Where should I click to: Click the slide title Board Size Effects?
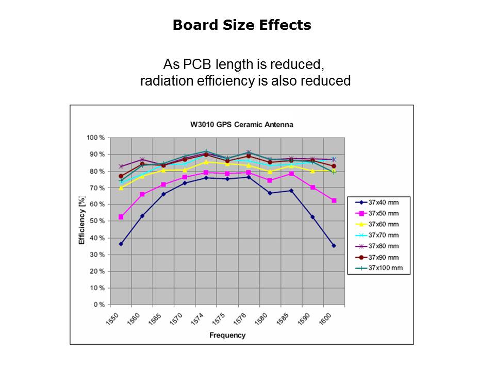[242, 25]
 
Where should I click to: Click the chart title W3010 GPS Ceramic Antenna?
[241, 124]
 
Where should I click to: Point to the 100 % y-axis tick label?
[95, 138]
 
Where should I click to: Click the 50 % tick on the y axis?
[97, 221]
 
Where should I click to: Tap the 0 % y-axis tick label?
[98, 305]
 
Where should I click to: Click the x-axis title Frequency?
[227, 335]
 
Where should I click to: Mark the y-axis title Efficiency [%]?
[81, 220]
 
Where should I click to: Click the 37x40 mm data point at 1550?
[121, 244]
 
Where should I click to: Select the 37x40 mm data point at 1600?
[334, 246]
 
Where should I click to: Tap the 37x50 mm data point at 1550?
[121, 217]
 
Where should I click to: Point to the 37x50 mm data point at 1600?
[334, 200]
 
